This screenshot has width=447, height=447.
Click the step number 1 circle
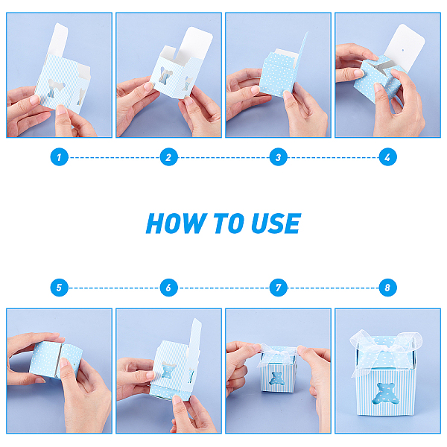[60, 156]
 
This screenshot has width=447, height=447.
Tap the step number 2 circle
[169, 156]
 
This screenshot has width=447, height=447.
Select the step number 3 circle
[278, 156]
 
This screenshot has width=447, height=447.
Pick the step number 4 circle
[387, 156]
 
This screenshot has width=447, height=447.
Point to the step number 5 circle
[60, 288]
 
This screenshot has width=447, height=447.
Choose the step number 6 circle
[169, 288]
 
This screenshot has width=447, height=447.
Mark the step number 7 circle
[278, 288]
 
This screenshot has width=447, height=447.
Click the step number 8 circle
[387, 288]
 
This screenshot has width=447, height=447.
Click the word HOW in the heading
[177, 223]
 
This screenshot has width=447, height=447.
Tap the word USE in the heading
[276, 223]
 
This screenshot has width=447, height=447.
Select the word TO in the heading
[229, 223]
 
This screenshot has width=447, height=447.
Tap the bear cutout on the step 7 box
[276, 378]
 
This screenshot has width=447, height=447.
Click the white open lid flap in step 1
[58, 40]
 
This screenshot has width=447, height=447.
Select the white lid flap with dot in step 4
[405, 48]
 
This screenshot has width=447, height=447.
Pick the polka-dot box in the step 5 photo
[56, 360]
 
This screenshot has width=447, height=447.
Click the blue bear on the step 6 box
[168, 370]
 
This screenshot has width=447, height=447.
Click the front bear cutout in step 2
[166, 75]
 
